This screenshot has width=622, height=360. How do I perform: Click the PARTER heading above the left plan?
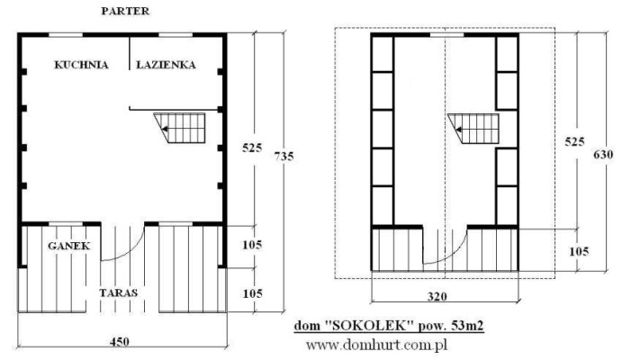[125, 11]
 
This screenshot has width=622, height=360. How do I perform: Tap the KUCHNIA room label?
[81, 65]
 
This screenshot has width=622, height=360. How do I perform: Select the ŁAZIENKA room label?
[166, 64]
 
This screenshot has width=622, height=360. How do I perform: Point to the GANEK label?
[69, 246]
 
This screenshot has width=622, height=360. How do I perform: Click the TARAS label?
[118, 293]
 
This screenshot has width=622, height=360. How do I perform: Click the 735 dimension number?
[284, 157]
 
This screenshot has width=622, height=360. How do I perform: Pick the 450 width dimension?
[120, 341]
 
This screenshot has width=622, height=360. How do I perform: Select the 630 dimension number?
[603, 154]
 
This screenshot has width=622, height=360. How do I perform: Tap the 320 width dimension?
[437, 296]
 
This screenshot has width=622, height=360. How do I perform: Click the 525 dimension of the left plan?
[252, 148]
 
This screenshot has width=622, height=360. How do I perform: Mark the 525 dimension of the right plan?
[575, 141]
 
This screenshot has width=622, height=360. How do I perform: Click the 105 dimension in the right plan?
[579, 251]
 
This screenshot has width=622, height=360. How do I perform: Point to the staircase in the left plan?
[180, 128]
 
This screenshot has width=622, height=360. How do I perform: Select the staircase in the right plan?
[473, 129]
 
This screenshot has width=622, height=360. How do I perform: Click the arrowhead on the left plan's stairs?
[164, 129]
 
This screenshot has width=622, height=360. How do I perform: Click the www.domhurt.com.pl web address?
[377, 345]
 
